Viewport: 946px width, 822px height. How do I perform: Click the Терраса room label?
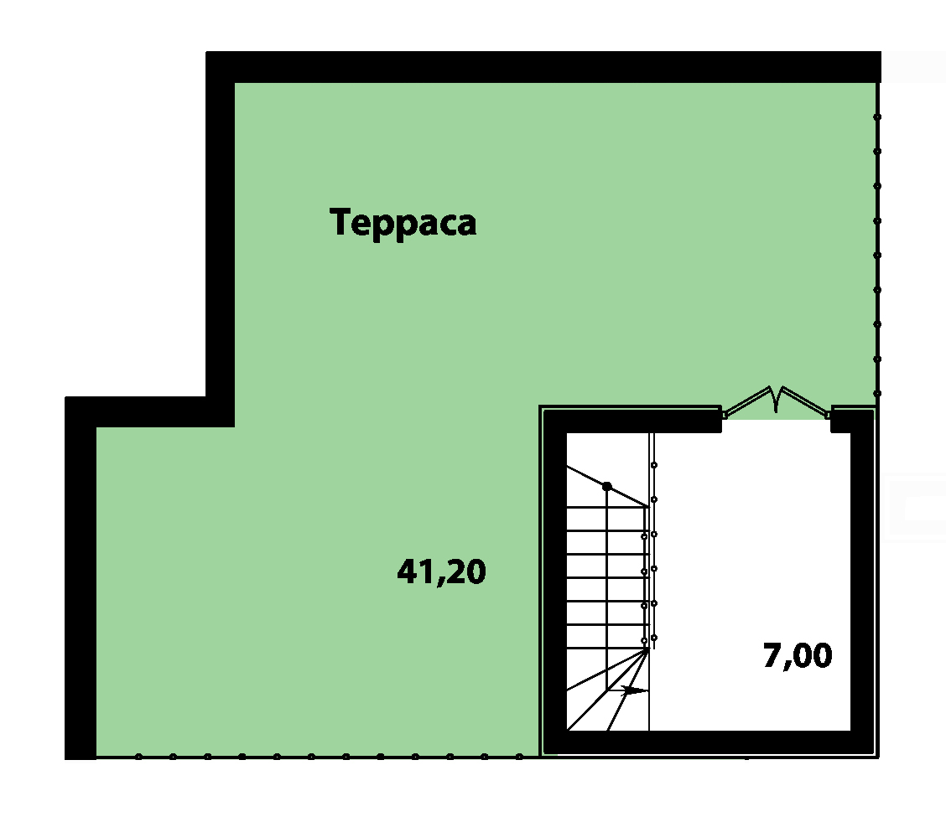click(403, 222)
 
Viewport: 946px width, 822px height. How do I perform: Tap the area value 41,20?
click(442, 571)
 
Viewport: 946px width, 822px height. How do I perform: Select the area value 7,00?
click(798, 655)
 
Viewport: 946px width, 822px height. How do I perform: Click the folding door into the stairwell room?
click(776, 401)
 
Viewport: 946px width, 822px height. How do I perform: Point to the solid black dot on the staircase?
click(607, 486)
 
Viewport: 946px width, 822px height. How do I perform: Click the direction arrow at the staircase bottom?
click(633, 690)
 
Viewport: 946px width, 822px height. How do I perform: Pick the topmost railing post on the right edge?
click(877, 117)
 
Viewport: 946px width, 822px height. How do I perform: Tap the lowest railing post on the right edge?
click(877, 394)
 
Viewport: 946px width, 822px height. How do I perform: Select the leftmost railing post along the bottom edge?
click(138, 757)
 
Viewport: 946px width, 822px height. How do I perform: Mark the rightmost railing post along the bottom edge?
click(519, 757)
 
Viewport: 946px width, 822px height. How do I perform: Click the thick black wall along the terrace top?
click(543, 67)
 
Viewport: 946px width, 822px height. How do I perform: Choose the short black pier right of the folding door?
click(841, 421)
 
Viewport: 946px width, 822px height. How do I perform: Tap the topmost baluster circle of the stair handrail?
click(654, 465)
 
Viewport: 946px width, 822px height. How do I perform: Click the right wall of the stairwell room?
click(861, 582)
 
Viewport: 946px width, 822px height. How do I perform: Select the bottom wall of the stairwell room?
click(709, 742)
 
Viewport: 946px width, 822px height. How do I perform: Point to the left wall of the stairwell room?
click(556, 582)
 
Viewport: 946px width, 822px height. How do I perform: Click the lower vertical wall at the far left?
click(81, 578)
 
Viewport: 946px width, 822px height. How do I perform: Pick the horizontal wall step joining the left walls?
click(149, 411)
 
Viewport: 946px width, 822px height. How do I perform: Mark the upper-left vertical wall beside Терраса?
click(221, 240)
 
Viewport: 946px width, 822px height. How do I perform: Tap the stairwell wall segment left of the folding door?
click(632, 421)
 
